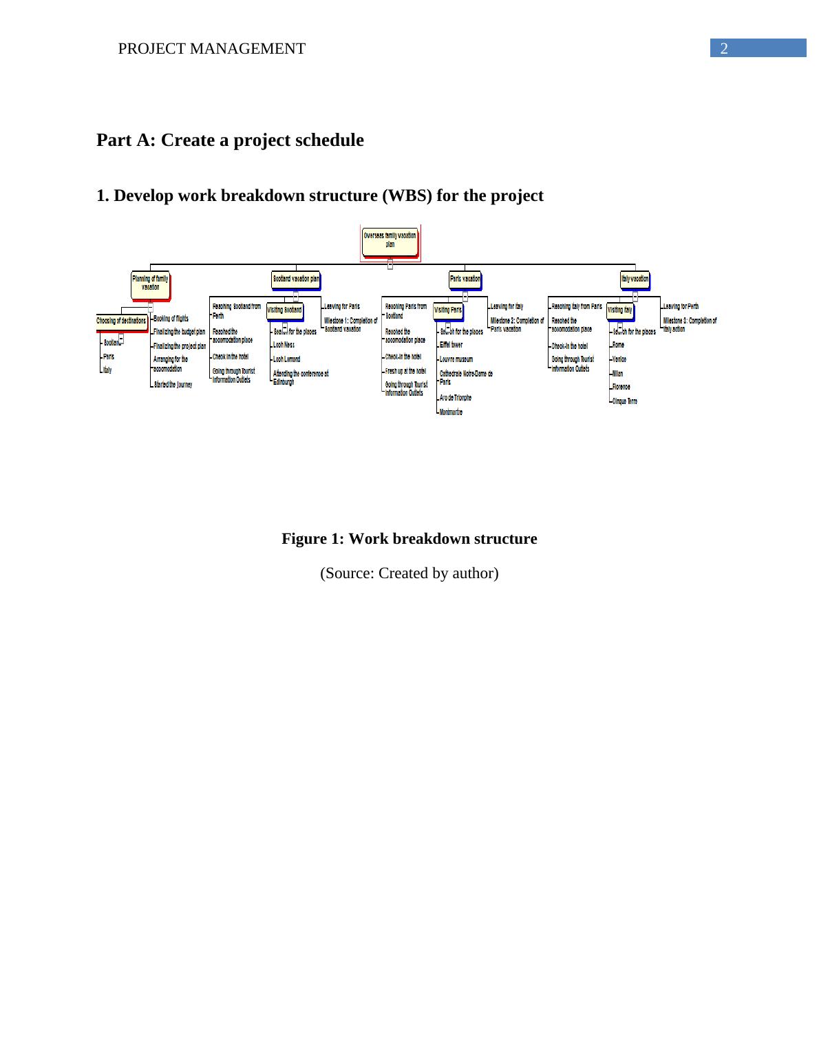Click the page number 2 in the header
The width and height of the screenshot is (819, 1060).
tap(723, 48)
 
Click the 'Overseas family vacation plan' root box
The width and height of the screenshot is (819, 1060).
tap(390, 240)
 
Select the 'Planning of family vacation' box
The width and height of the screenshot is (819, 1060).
tap(150, 283)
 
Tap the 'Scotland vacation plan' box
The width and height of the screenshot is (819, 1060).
tap(295, 279)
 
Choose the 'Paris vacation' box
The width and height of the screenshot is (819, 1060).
tap(465, 279)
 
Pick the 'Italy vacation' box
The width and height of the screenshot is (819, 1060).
tap(635, 279)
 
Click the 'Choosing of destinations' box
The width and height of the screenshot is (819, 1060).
tap(121, 321)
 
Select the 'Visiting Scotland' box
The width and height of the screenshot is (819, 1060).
tap(284, 310)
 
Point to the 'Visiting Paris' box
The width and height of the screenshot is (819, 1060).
tap(447, 310)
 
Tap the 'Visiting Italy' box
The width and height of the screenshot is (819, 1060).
tap(619, 310)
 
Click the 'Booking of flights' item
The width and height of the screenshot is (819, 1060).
tap(171, 319)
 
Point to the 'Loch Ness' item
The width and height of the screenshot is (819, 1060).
tap(284, 345)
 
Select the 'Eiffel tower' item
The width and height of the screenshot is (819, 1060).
tap(451, 345)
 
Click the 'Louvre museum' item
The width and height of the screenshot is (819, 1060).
tap(456, 359)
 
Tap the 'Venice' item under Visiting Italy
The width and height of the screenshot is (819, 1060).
tap(619, 359)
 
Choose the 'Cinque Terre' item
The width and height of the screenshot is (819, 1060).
tap(624, 401)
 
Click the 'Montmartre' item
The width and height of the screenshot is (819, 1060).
tap(451, 412)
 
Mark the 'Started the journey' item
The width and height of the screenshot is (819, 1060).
tap(173, 385)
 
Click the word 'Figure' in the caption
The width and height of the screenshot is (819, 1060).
tap(304, 539)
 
